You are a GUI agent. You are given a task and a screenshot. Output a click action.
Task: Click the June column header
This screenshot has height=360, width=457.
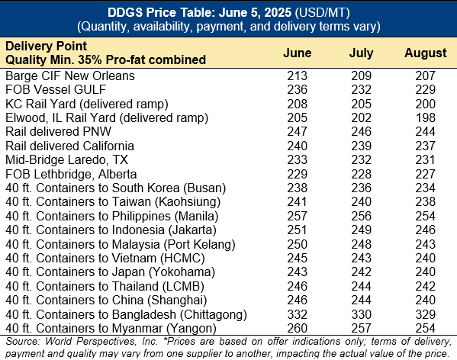(x=297, y=53)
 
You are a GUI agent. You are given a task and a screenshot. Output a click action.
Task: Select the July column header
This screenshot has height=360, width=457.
(x=361, y=53)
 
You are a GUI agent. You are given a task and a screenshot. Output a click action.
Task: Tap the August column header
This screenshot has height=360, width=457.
(x=425, y=53)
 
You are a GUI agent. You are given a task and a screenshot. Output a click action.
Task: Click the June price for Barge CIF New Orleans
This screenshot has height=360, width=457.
(x=297, y=76)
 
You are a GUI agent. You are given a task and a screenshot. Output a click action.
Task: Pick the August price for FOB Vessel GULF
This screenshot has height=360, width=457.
(x=425, y=89)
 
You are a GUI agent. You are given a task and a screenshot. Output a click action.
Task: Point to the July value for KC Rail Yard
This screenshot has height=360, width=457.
(x=361, y=104)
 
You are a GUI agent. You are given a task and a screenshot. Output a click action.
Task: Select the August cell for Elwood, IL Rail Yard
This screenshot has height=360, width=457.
(x=426, y=117)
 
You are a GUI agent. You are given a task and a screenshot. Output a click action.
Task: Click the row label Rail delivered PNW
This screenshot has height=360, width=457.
(x=58, y=131)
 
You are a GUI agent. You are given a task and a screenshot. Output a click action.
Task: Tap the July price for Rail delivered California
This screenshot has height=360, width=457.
(x=361, y=146)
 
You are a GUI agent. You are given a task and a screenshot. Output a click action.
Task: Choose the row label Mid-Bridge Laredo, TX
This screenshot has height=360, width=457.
(x=66, y=159)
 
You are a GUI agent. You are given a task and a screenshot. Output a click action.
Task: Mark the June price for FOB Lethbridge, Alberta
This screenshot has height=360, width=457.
(x=297, y=174)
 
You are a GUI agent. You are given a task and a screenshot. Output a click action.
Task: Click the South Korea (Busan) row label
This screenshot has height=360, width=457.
(x=116, y=188)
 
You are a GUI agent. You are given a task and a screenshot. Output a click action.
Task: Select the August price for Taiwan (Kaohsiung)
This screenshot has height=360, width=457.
(x=425, y=201)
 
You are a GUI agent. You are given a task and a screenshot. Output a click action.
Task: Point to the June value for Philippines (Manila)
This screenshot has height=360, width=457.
(x=297, y=216)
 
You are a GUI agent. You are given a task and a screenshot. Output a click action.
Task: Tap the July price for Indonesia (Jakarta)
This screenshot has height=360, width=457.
(x=361, y=230)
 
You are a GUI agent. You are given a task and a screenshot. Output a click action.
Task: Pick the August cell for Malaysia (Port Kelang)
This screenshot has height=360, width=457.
(x=425, y=244)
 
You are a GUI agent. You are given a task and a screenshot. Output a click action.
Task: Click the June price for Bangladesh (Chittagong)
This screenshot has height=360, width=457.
(x=297, y=314)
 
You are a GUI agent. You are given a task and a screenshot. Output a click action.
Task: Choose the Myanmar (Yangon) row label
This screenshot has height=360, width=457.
(x=111, y=328)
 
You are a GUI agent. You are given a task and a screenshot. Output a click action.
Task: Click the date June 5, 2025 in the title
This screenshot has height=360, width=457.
(x=255, y=12)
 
